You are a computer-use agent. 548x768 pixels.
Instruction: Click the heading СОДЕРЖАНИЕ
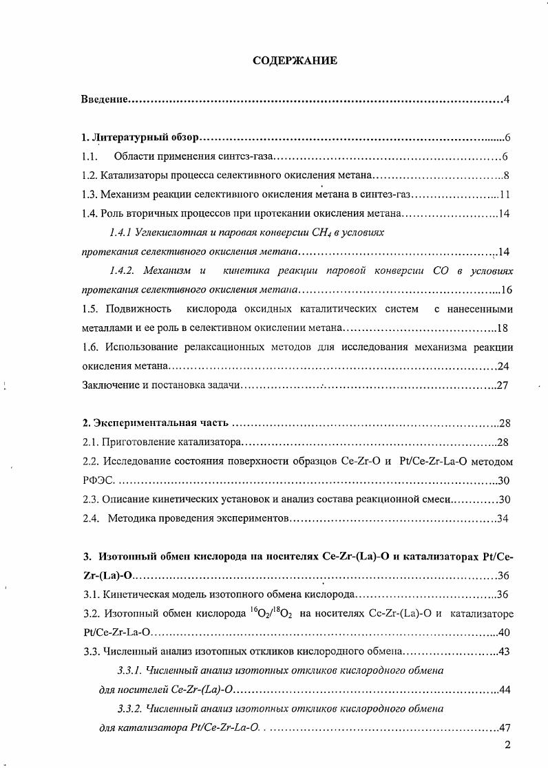294,61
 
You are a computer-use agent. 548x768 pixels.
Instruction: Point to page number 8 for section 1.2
506,175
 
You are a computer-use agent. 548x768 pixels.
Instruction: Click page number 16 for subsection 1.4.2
507,290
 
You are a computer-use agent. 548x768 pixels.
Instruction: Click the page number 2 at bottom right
507,745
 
